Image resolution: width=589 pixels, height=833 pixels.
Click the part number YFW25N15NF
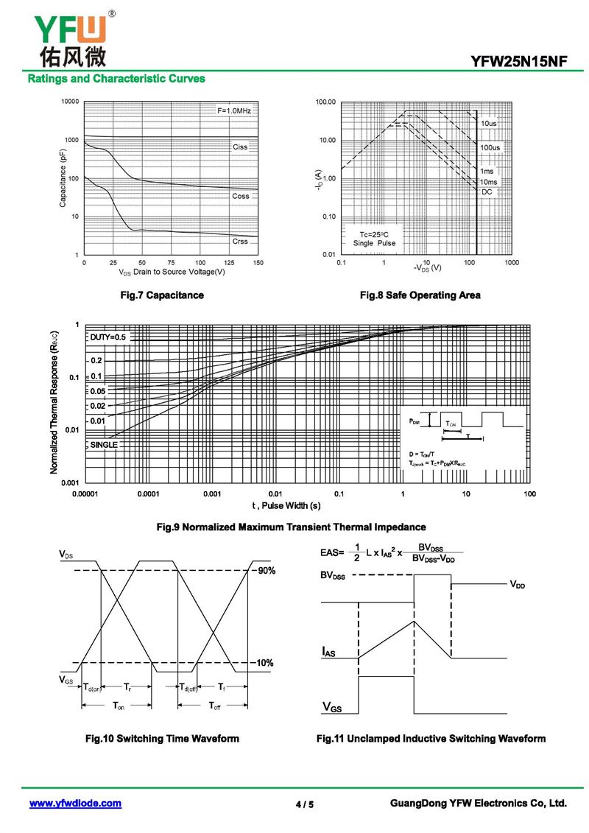click(x=520, y=61)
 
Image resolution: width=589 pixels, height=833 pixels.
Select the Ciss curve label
click(x=240, y=147)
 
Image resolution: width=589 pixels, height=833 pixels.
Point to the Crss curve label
click(x=240, y=242)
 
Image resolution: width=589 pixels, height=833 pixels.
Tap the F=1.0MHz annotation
click(x=233, y=110)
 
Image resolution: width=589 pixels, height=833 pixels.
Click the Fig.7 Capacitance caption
click(x=162, y=295)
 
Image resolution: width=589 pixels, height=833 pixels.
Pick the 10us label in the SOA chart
click(x=489, y=123)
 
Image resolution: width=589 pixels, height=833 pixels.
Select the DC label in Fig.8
click(x=487, y=191)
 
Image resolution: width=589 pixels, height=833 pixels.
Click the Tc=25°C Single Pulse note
click(x=373, y=238)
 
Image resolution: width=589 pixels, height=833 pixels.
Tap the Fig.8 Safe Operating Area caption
click(x=420, y=295)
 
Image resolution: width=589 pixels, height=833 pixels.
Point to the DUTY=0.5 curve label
click(x=108, y=337)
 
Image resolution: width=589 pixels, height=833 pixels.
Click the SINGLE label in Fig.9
click(x=104, y=445)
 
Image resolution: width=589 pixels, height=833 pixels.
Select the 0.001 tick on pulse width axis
click(x=212, y=493)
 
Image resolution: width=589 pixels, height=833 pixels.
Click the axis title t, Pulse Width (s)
click(x=286, y=505)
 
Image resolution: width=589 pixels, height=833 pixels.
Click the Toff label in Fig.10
click(x=214, y=706)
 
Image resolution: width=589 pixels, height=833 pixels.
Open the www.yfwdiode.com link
click(x=75, y=804)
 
